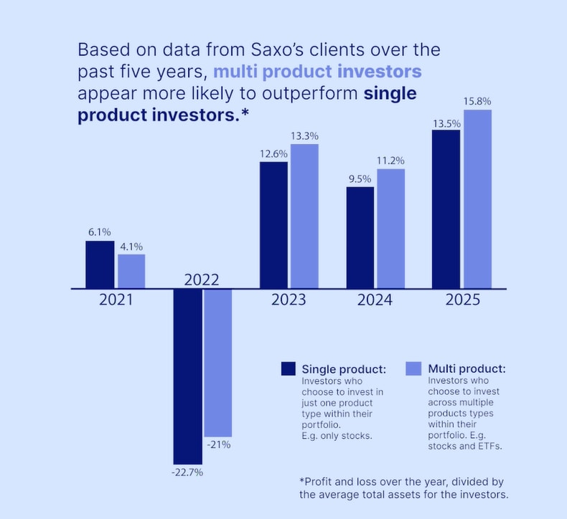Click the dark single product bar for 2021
[x=100, y=265]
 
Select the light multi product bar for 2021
[x=131, y=271]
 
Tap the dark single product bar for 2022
[x=187, y=376]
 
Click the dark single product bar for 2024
[x=360, y=238]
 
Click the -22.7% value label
[x=187, y=472]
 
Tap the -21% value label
[x=218, y=445]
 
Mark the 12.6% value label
[x=273, y=153]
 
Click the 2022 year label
[x=202, y=280]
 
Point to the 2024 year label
[x=375, y=299]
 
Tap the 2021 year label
[x=116, y=299]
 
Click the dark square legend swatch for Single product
[x=289, y=368]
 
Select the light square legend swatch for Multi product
[x=413, y=368]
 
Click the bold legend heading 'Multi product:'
[x=467, y=368]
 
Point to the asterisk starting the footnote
[x=301, y=481]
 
